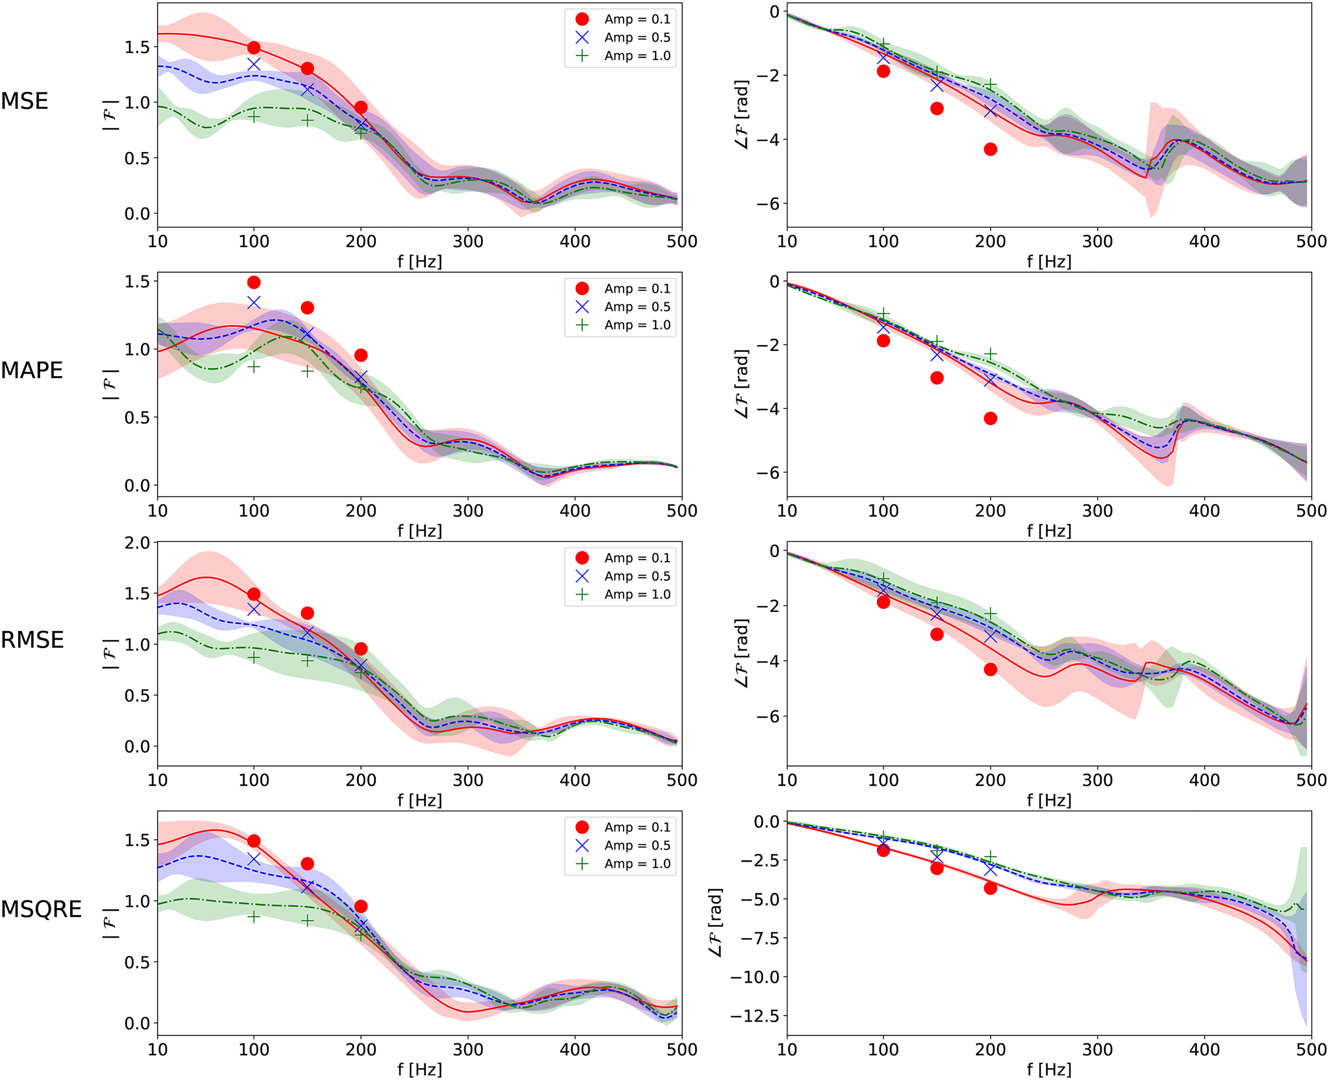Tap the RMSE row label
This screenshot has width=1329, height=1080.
pyautogui.click(x=32, y=640)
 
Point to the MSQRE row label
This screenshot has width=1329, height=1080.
pyautogui.click(x=41, y=909)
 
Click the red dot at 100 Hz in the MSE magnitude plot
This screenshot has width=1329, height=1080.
pyautogui.click(x=254, y=48)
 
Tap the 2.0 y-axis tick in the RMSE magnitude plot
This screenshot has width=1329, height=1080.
pyautogui.click(x=137, y=543)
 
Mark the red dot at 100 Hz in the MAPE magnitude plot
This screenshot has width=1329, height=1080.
pyautogui.click(x=254, y=282)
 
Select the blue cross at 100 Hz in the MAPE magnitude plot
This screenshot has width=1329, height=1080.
pyautogui.click(x=254, y=302)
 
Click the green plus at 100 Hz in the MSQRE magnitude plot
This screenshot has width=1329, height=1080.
pyautogui.click(x=254, y=916)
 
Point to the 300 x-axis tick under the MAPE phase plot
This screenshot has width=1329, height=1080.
pyautogui.click(x=1098, y=511)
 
